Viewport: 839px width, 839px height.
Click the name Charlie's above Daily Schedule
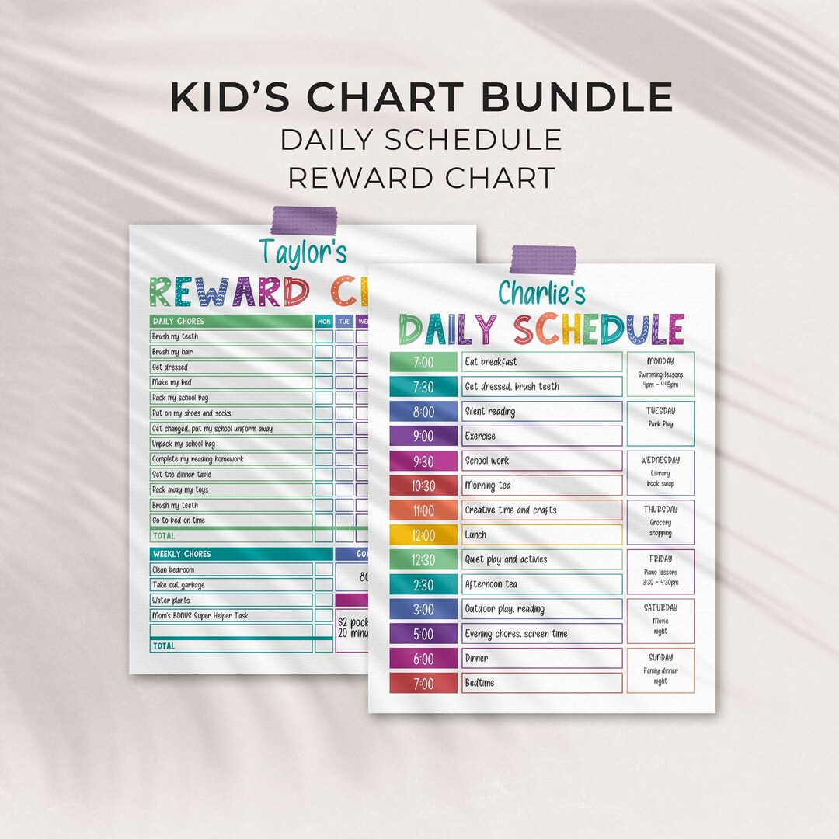coord(541,292)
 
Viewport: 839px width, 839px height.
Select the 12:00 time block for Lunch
coord(423,535)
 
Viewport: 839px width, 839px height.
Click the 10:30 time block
coord(423,486)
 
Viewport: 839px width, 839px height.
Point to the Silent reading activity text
coord(489,412)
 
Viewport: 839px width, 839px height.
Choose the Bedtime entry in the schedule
coord(479,683)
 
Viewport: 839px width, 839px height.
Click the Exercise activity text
coord(480,437)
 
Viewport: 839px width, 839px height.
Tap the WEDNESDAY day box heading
coord(660,460)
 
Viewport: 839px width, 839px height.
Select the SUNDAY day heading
coord(660,657)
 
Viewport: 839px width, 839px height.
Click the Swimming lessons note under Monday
coord(660,374)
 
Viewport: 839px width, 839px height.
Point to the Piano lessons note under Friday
coord(660,572)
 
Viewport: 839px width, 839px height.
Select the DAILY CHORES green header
coord(230,321)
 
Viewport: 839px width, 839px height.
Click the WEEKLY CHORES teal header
coord(230,554)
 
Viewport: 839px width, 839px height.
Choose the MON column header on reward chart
coord(324,321)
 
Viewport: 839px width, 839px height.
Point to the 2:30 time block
coord(423,584)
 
